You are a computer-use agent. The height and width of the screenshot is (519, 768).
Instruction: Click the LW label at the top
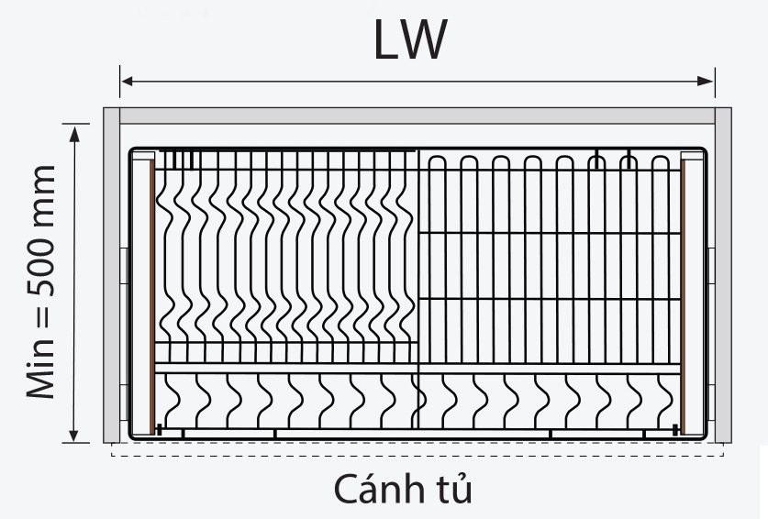(410, 39)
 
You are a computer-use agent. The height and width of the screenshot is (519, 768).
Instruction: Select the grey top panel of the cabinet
(417, 116)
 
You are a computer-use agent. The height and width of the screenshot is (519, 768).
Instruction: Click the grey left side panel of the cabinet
(111, 275)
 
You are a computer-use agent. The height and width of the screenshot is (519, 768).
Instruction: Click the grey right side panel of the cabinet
(723, 275)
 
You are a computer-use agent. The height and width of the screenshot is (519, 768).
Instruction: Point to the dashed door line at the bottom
(417, 455)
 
